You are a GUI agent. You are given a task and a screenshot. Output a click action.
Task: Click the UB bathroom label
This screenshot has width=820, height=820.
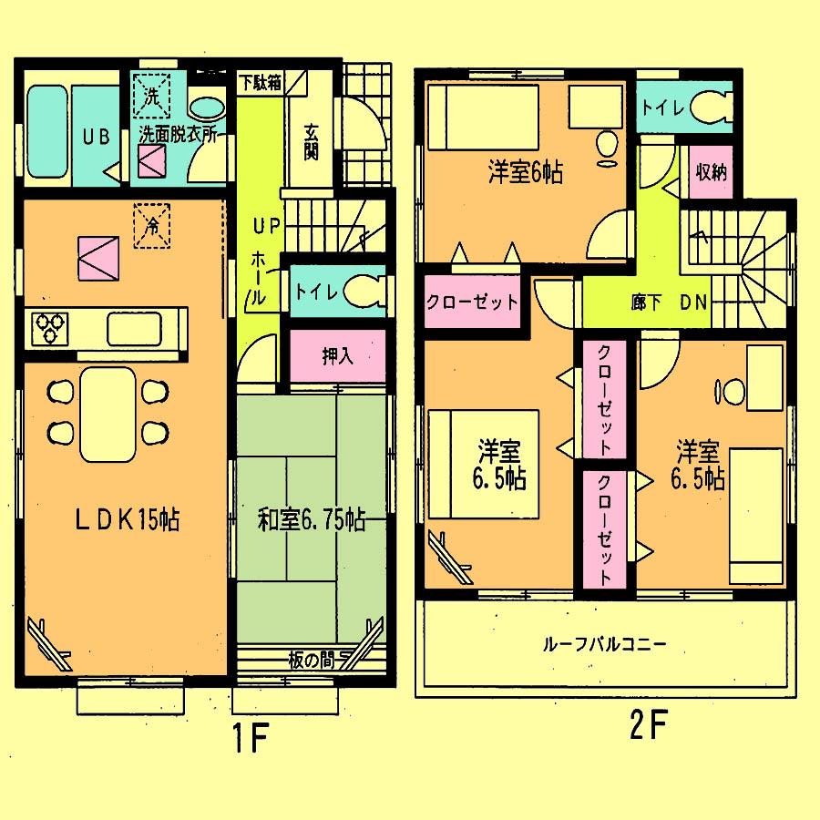[96, 138]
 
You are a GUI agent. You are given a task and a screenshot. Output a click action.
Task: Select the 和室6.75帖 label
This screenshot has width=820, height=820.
[311, 520]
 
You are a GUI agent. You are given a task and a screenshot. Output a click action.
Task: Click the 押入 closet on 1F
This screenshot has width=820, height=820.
[338, 355]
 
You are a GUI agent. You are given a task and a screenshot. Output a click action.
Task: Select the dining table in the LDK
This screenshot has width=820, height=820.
[108, 415]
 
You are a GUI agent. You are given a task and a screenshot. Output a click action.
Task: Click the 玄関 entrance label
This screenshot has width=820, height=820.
[311, 141]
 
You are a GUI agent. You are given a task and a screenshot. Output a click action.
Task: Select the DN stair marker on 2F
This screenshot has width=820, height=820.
[693, 304]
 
